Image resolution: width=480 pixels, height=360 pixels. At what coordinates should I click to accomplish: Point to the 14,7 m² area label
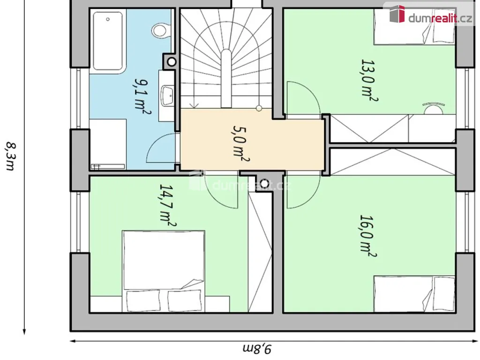[167, 206]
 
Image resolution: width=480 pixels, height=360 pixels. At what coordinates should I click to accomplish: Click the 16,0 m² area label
[367, 237]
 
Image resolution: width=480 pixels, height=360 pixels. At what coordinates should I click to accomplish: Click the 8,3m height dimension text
[11, 156]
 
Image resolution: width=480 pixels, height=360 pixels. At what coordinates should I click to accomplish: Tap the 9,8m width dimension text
[257, 349]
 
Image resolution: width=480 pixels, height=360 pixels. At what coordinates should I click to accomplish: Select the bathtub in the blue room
[108, 41]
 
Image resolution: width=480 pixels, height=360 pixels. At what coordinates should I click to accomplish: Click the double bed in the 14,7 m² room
[164, 271]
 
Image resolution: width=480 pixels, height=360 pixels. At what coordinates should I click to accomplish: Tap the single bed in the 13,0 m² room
[414, 27]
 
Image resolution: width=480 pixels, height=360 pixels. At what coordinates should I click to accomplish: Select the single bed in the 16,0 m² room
[414, 294]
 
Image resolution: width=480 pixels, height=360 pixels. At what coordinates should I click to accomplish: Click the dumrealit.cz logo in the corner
[431, 14]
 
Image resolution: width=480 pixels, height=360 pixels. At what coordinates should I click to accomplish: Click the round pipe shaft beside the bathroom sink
[172, 62]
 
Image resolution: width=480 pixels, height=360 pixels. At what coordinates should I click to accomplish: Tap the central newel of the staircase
[226, 78]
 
